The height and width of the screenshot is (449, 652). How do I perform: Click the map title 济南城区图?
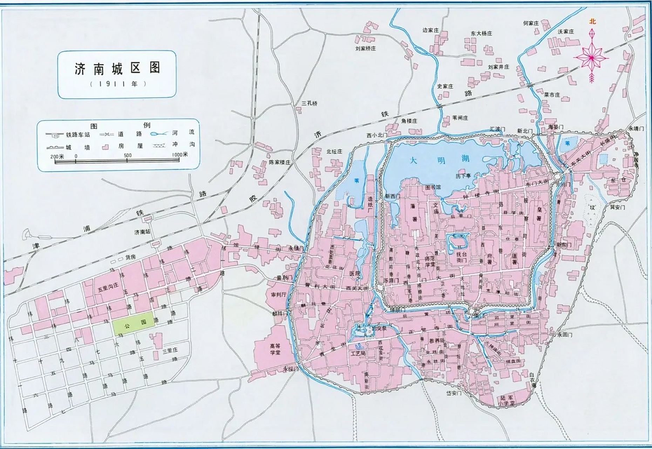click(117, 68)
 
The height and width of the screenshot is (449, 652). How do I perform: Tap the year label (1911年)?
click(117, 85)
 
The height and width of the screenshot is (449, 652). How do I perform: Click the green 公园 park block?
click(133, 324)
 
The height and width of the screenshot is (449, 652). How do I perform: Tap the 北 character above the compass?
click(592, 22)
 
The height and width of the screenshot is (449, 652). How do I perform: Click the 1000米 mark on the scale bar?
click(180, 155)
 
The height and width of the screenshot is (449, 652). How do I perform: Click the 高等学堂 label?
click(275, 349)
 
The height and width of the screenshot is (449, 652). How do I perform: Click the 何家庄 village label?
click(530, 23)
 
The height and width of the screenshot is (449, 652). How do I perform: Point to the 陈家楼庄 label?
click(279, 163)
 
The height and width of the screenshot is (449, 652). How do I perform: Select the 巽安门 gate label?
click(617, 207)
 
